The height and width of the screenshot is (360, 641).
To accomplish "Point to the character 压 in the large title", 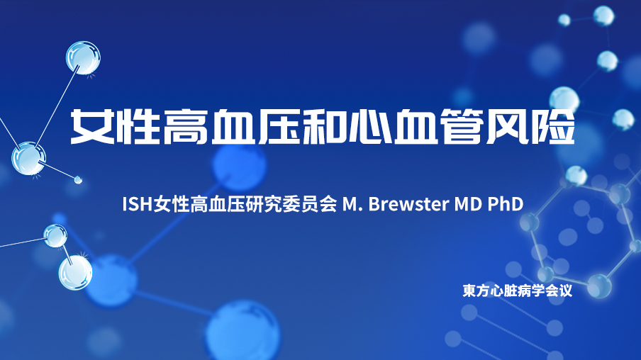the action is (278, 126).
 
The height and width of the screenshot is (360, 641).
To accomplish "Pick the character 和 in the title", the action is (323, 126).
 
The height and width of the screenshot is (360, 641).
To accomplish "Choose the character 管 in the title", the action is (462, 126).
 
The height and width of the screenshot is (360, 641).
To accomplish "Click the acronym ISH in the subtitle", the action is (138, 204).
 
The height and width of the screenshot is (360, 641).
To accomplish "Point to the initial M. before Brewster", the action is (352, 204).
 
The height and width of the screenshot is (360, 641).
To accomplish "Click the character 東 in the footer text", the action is (469, 291).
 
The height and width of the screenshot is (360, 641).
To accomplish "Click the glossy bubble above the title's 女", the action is (83, 57).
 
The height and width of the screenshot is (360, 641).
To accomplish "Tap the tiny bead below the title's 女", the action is (78, 179).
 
